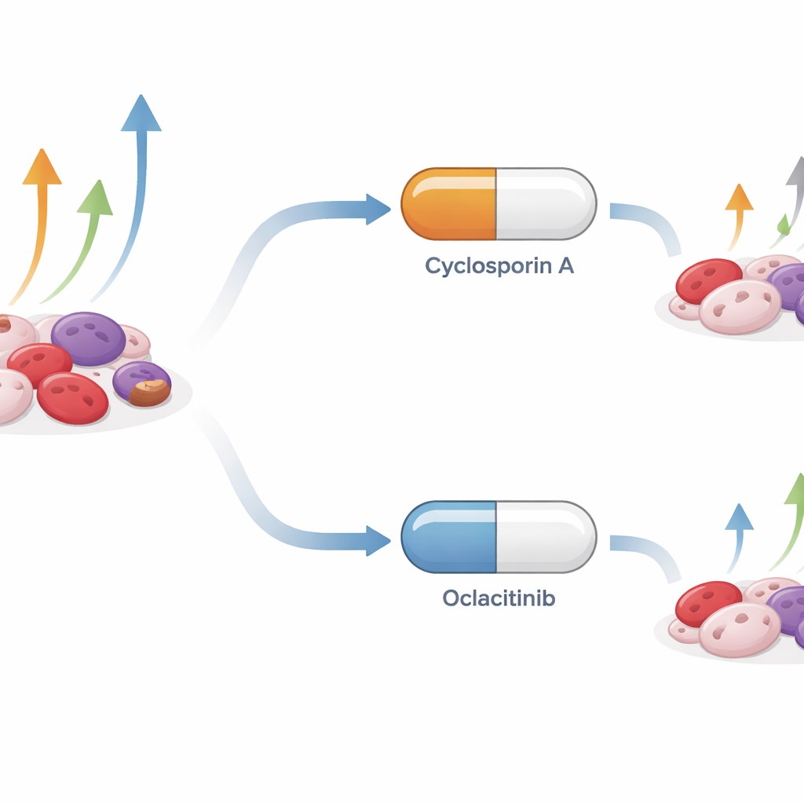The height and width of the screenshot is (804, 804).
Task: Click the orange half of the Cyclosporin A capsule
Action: pyautogui.click(x=448, y=203)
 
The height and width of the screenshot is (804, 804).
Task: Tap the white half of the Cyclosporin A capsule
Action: pyautogui.click(x=546, y=203)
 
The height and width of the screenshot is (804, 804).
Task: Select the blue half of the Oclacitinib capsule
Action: pyautogui.click(x=448, y=536)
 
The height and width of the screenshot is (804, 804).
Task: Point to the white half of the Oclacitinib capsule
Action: pyautogui.click(x=546, y=536)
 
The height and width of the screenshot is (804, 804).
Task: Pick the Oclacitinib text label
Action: pyautogui.click(x=499, y=598)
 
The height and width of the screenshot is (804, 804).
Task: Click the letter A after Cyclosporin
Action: pyautogui.click(x=565, y=265)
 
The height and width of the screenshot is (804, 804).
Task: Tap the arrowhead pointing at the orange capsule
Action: pyautogui.click(x=378, y=210)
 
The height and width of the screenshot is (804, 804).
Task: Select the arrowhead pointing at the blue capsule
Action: pyautogui.click(x=378, y=540)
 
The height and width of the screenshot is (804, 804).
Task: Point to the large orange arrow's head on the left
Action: pyautogui.click(x=42, y=166)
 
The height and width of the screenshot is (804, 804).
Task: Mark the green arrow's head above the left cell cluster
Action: pyautogui.click(x=96, y=197)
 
